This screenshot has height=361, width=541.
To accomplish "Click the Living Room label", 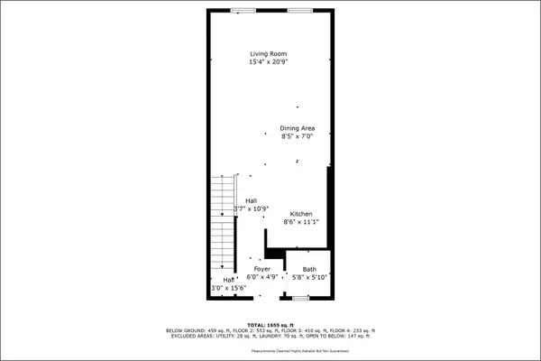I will click(270, 54).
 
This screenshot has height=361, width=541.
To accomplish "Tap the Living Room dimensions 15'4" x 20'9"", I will click(270, 62).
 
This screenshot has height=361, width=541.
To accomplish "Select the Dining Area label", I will click(297, 128).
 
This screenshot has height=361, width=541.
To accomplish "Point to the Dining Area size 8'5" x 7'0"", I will click(297, 137).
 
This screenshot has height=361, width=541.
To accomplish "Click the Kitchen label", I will click(301, 213).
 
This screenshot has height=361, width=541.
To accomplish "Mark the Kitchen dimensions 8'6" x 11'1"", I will click(301, 222).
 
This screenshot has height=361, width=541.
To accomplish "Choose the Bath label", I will click(309, 270).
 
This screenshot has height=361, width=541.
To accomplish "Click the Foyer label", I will click(261, 270).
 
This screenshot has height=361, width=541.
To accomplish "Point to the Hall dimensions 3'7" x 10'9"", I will click(252, 208).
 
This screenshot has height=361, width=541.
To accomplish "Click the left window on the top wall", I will click(241, 10).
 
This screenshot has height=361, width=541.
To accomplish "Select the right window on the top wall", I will click(300, 10).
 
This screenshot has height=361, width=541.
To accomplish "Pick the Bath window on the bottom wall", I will click(300, 297).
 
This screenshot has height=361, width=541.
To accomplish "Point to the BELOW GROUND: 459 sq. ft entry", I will click(197, 330).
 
